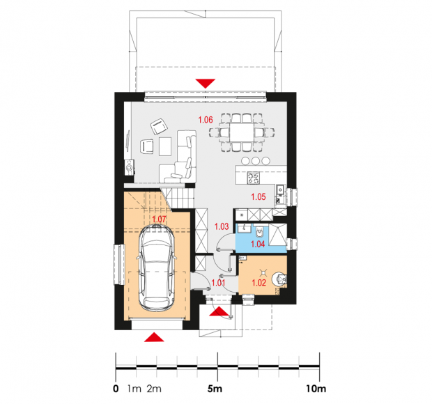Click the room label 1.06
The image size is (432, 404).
(x=206, y=120)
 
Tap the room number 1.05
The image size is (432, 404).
(x=258, y=196)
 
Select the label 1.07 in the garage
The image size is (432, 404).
(x=159, y=219)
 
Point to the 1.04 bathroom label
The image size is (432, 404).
(x=258, y=244)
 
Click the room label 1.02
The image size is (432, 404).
(x=259, y=283)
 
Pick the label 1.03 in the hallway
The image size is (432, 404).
(x=222, y=226)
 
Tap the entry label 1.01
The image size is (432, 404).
(x=218, y=283)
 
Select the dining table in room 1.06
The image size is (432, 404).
(x=242, y=132)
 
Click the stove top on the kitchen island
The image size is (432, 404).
(x=254, y=178)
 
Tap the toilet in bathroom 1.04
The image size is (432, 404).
(x=260, y=231)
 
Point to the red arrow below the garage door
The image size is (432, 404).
(x=154, y=337)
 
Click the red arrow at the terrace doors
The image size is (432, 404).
(x=206, y=84)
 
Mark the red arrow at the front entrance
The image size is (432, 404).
(x=219, y=311)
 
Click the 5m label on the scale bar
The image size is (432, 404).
(x=215, y=389)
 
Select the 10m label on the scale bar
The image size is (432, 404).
(x=316, y=389)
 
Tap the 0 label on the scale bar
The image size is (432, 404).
(x=116, y=389)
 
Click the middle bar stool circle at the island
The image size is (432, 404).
(x=256, y=160)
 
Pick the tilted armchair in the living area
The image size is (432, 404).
(x=160, y=126)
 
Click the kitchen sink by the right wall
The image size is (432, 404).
(x=280, y=189)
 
